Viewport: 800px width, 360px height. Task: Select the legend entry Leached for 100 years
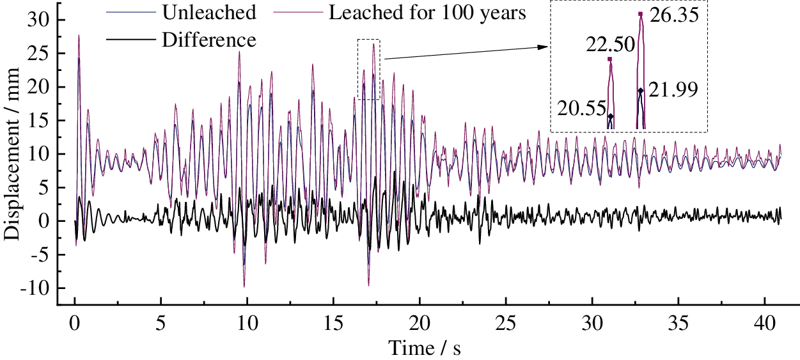(427, 12)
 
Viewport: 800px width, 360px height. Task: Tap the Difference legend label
(209, 40)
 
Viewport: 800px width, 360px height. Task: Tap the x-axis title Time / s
(424, 348)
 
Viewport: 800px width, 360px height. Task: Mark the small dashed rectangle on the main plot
(368, 69)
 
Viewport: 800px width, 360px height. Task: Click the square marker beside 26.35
(641, 13)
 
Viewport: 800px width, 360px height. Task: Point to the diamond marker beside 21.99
(640, 91)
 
